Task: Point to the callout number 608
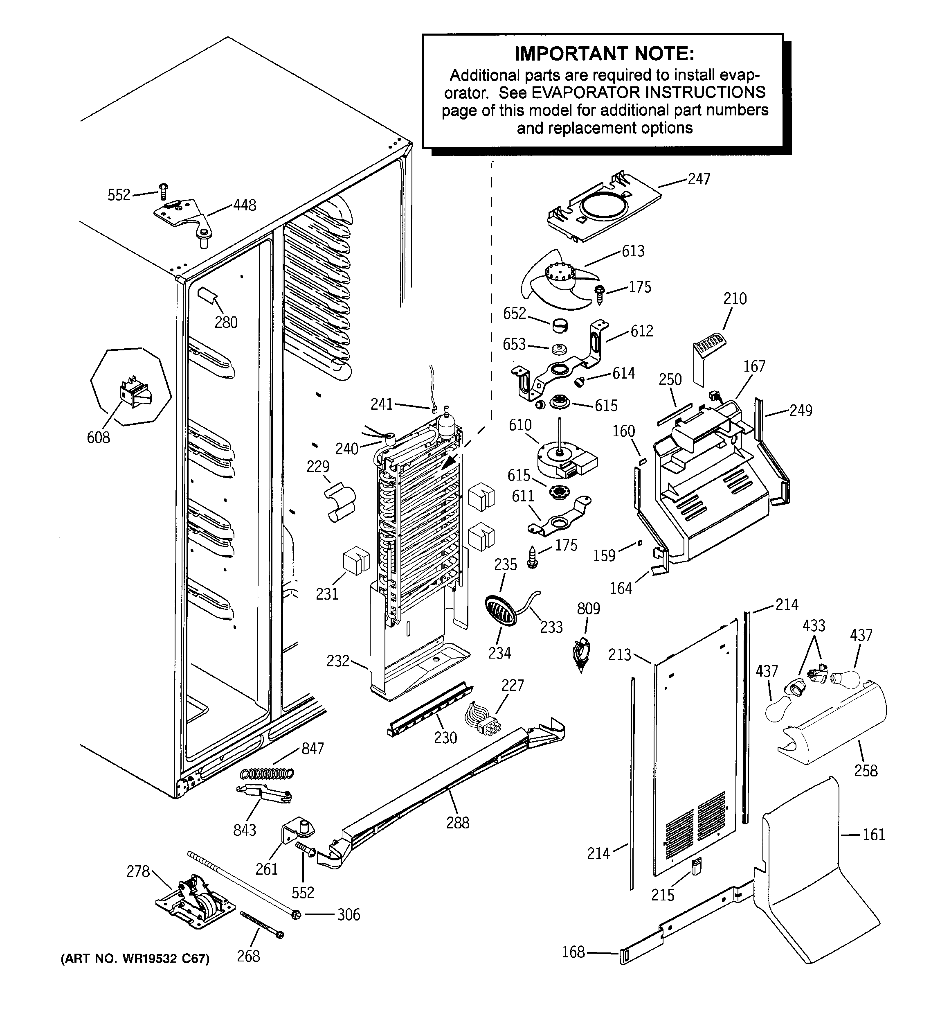[x=98, y=437]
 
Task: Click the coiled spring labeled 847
[x=267, y=774]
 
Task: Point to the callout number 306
[x=349, y=915]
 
